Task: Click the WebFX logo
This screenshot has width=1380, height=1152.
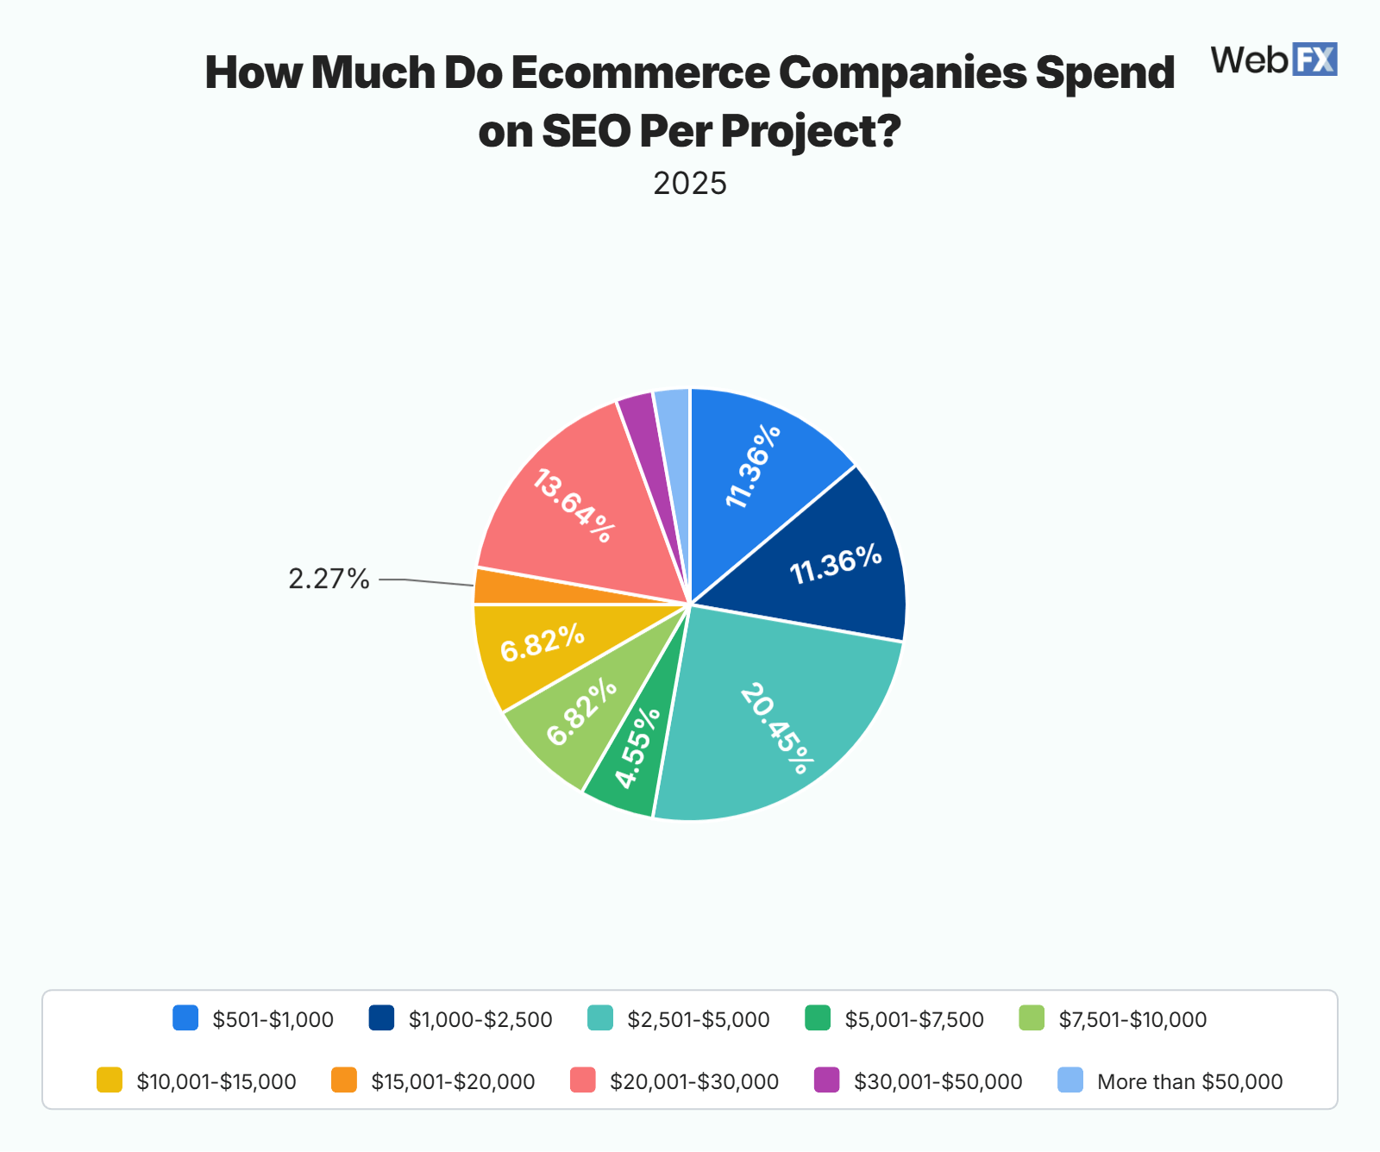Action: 1273,59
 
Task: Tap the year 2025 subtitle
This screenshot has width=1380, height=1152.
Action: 690,184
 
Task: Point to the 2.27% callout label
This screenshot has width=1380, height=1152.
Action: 329,579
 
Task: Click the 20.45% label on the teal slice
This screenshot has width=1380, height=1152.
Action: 776,729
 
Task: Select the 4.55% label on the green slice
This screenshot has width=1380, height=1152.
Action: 637,748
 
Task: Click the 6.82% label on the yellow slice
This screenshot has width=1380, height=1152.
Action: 543,643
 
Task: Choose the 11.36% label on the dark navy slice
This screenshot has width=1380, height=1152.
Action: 836,564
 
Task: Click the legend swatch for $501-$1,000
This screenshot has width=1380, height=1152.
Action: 185,1018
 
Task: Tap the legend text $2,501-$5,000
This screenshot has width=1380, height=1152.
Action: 698,1019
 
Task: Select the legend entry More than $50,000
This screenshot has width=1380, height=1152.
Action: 1189,1081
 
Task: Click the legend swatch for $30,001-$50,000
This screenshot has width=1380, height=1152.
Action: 827,1080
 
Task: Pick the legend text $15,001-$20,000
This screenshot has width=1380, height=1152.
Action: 453,1081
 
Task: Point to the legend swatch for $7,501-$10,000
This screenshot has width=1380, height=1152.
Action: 1032,1018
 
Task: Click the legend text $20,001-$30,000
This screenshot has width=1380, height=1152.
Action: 693,1081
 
